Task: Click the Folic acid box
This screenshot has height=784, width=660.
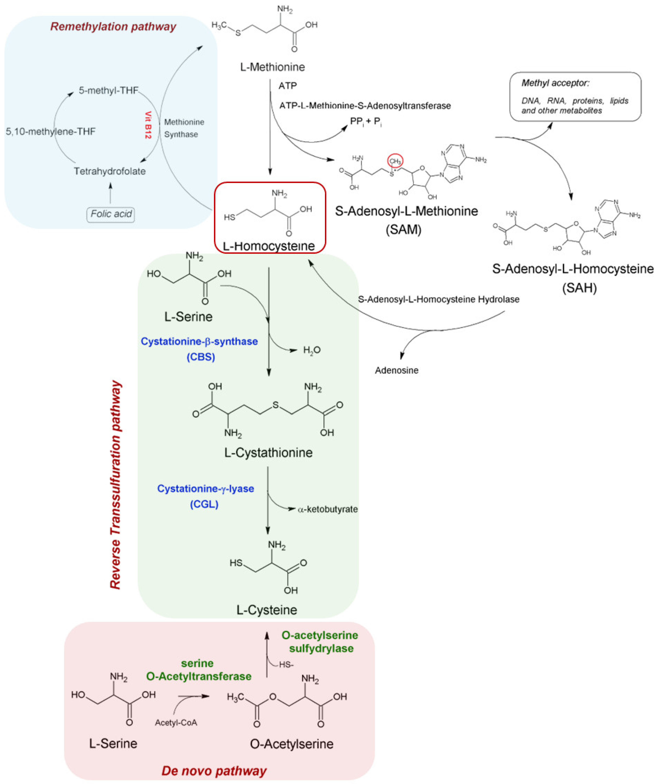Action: pyautogui.click(x=111, y=214)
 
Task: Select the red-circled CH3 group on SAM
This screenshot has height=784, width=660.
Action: pyautogui.click(x=395, y=161)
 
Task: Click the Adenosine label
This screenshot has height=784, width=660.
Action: pyautogui.click(x=397, y=370)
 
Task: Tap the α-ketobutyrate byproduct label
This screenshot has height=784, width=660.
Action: pyautogui.click(x=328, y=509)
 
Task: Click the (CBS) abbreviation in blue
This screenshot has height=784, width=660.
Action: pyautogui.click(x=201, y=357)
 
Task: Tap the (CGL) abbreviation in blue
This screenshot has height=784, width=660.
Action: pyautogui.click(x=204, y=504)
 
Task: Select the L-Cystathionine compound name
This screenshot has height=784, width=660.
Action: pyautogui.click(x=268, y=453)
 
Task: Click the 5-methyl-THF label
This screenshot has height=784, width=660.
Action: pyautogui.click(x=108, y=90)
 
